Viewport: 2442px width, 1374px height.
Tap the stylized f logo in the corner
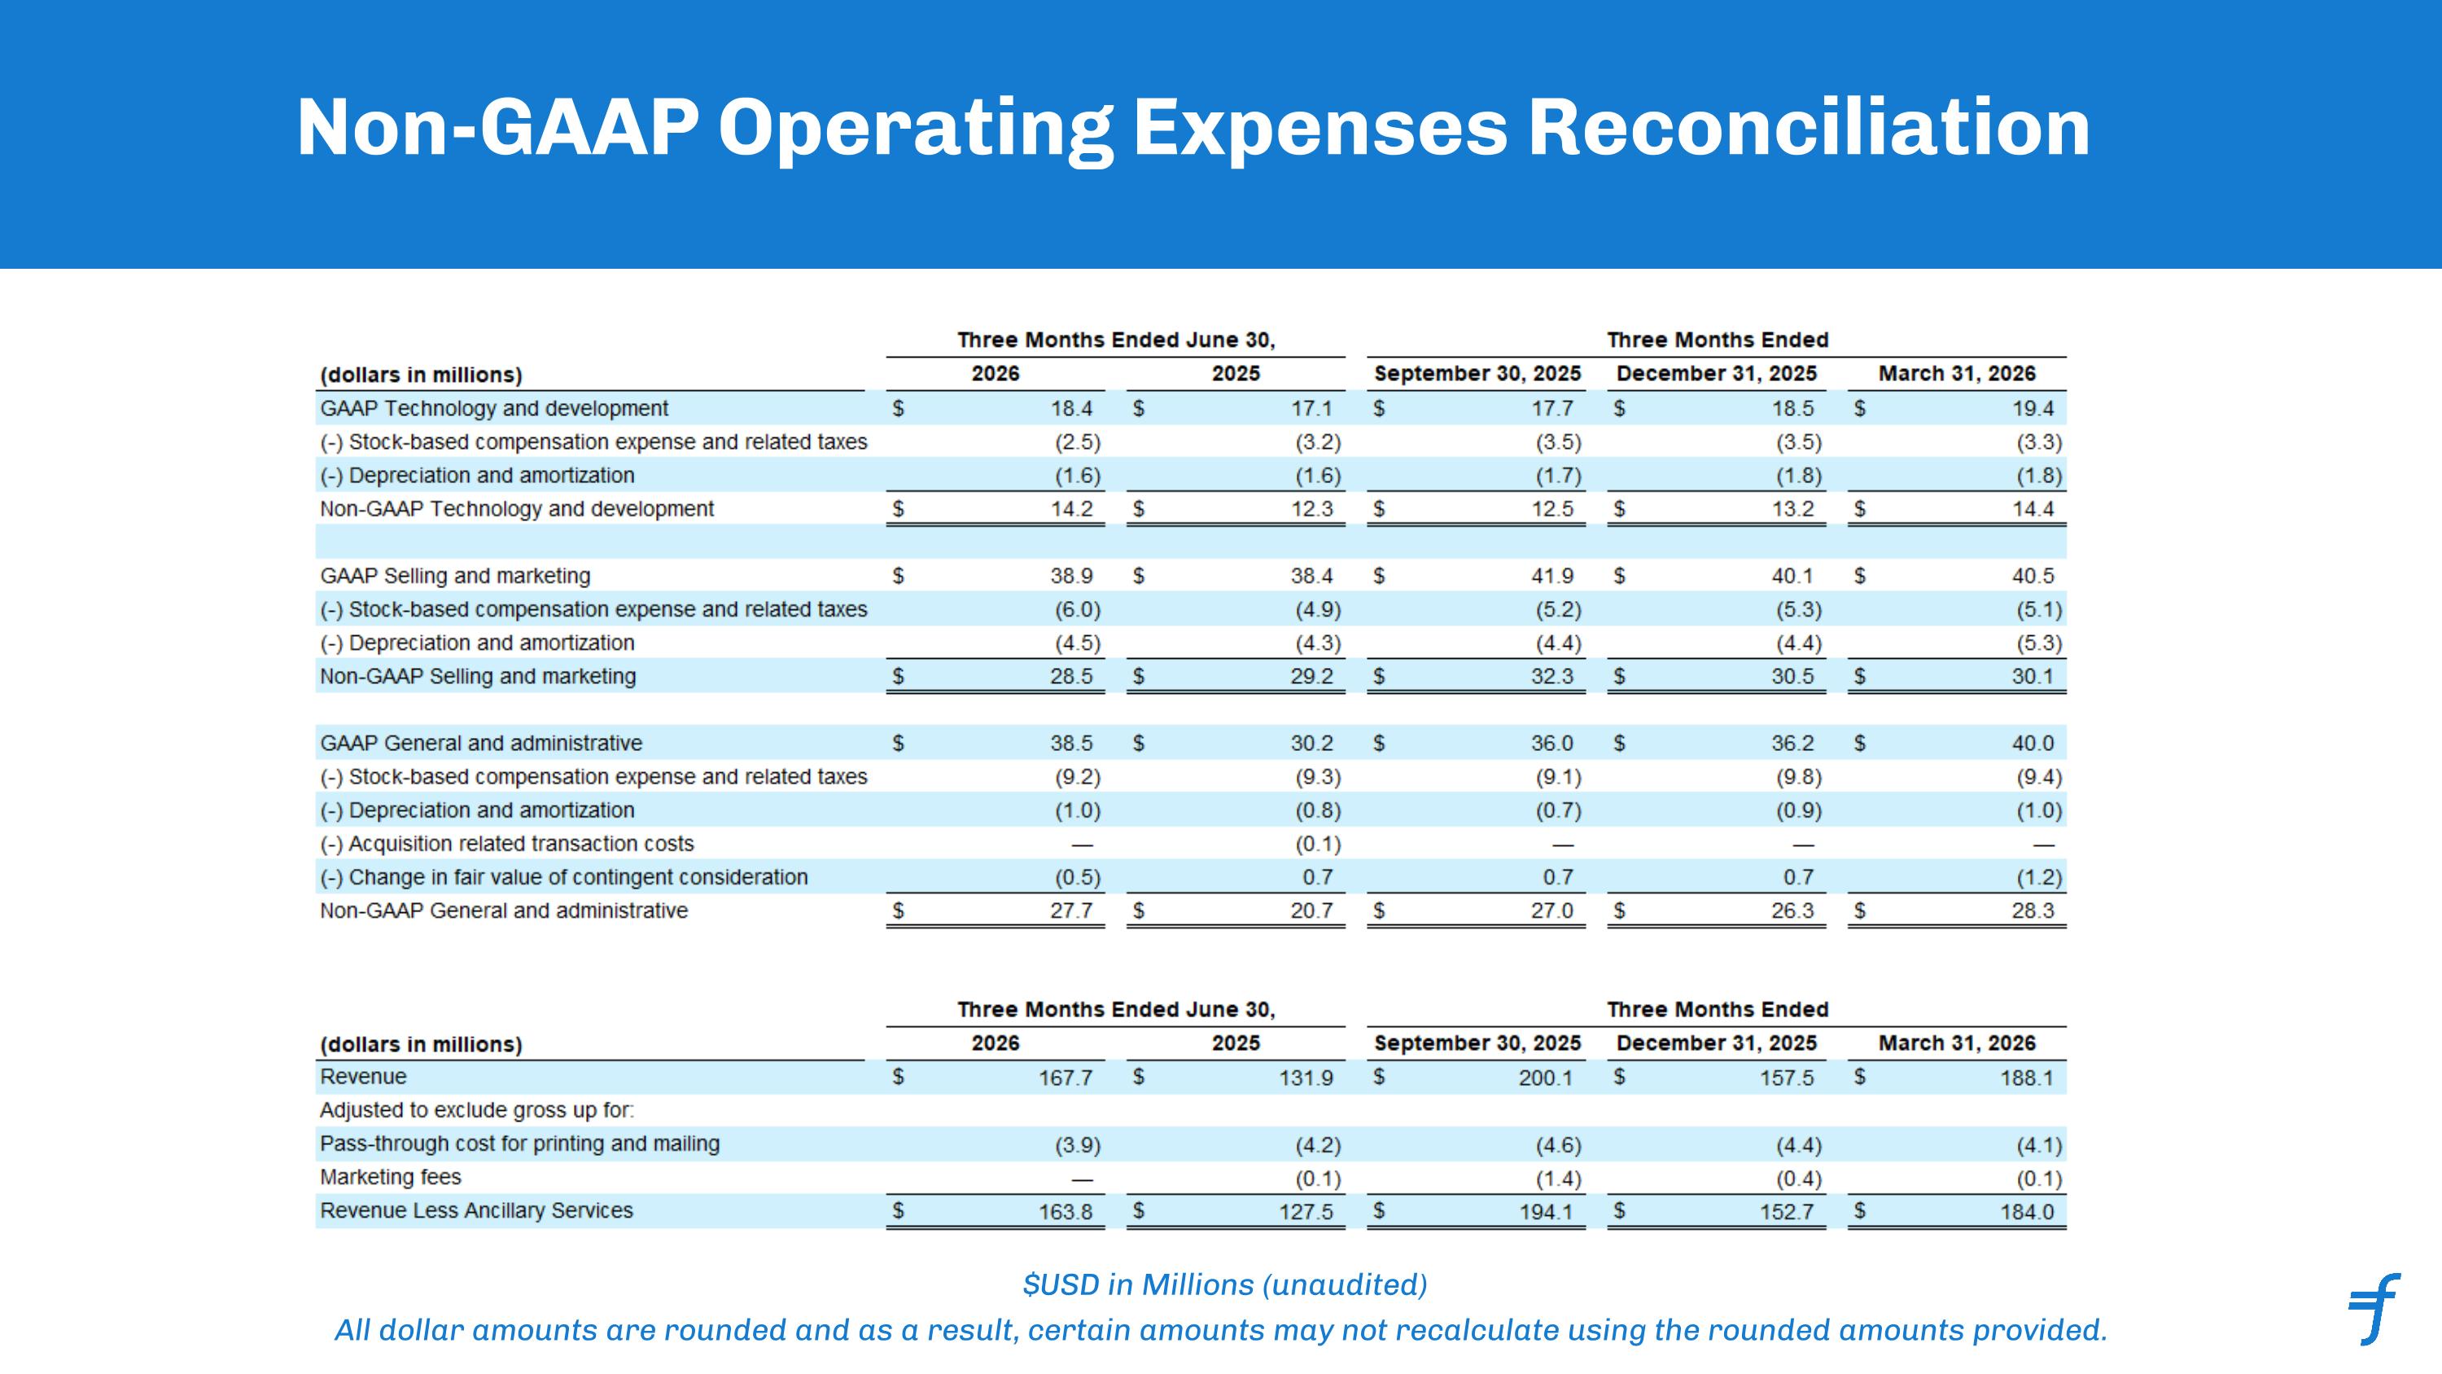[2374, 1309]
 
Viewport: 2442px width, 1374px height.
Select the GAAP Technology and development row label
[494, 409]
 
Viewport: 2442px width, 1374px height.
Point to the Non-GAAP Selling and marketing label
[478, 676]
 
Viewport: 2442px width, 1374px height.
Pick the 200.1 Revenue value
[1545, 1078]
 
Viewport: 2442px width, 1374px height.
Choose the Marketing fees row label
[391, 1177]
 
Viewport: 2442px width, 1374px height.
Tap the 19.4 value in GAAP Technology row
[2033, 409]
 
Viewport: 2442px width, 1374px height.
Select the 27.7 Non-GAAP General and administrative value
[1071, 911]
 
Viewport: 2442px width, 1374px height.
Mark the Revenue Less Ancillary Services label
[476, 1211]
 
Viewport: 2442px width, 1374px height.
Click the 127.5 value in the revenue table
[1306, 1212]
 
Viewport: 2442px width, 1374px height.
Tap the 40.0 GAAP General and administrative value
[2033, 744]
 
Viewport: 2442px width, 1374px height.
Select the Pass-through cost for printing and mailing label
[519, 1144]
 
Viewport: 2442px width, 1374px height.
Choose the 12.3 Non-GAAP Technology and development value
[1312, 509]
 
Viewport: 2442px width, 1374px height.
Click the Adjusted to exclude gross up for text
[477, 1110]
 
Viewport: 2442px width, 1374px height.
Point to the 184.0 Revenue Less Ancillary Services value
[2027, 1212]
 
